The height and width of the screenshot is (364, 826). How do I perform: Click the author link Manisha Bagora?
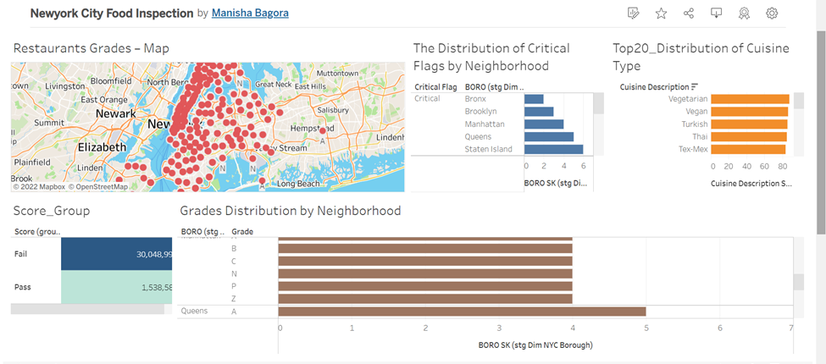tap(250, 14)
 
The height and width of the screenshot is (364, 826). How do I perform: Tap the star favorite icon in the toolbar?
tap(661, 14)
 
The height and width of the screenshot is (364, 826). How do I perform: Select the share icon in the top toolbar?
tap(689, 14)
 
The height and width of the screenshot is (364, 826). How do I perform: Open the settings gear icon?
tap(772, 14)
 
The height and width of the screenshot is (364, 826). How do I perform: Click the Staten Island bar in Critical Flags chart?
tap(553, 149)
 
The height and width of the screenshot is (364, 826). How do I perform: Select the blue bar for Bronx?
tap(534, 99)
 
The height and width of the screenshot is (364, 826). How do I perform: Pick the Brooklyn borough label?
tap(480, 112)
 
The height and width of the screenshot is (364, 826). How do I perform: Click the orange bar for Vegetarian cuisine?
tap(749, 99)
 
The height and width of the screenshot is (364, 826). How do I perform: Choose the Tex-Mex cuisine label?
tap(687, 149)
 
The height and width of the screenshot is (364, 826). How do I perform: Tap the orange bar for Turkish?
tap(748, 124)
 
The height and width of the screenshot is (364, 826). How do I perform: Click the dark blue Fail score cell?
tap(116, 254)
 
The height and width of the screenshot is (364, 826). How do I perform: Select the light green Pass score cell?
tap(116, 288)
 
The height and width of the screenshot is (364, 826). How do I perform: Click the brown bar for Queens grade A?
tap(462, 312)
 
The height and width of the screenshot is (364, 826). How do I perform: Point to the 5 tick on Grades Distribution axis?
tap(646, 328)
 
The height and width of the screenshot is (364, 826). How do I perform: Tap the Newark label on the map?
tap(115, 113)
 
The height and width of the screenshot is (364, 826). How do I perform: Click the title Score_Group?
tap(52, 211)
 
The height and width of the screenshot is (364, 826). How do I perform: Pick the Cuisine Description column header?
tap(654, 86)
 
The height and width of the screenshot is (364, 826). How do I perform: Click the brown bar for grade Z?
tap(425, 298)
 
